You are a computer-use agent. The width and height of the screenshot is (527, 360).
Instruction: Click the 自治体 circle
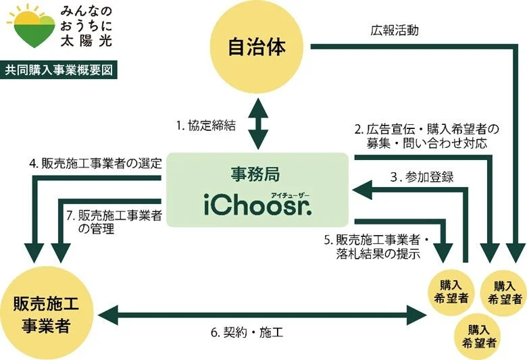coord(257,48)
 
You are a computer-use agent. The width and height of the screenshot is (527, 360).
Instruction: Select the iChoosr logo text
coord(257,205)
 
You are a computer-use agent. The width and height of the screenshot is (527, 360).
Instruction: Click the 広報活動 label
coord(394,30)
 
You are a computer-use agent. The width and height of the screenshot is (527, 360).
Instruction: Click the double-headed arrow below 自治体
coord(257,126)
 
